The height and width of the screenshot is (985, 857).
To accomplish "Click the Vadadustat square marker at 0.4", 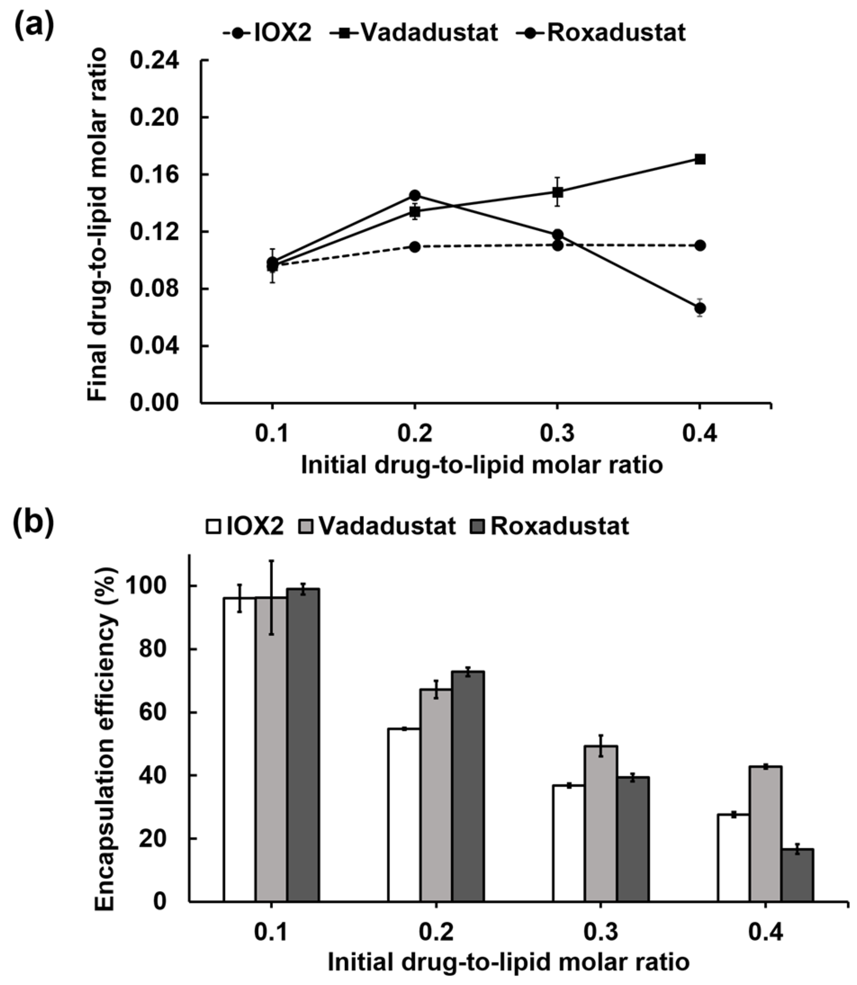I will coord(700,159).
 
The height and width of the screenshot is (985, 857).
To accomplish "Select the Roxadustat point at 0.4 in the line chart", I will coord(700,308).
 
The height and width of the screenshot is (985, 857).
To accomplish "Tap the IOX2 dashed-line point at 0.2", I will coord(415,247).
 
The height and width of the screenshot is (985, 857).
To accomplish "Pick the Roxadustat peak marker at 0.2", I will coord(415,195).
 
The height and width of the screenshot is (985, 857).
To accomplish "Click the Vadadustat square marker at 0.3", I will coord(557,192).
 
